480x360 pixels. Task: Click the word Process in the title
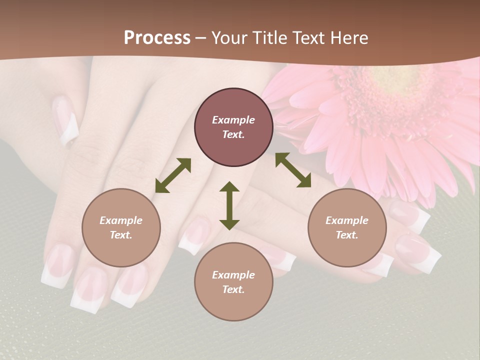point(157,38)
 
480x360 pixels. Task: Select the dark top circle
point(233,127)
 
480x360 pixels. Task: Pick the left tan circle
point(121,227)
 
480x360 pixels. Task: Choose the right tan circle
point(347,227)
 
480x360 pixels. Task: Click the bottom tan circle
point(233,281)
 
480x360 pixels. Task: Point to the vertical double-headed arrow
point(229,205)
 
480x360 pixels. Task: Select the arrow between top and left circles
point(173,175)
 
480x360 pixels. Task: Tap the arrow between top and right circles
point(293,170)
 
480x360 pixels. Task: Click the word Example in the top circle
point(233,120)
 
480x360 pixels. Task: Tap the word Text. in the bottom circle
point(233,289)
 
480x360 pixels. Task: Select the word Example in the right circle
point(347,220)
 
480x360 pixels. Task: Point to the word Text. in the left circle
point(121,235)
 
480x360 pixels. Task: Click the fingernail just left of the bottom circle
point(192,237)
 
